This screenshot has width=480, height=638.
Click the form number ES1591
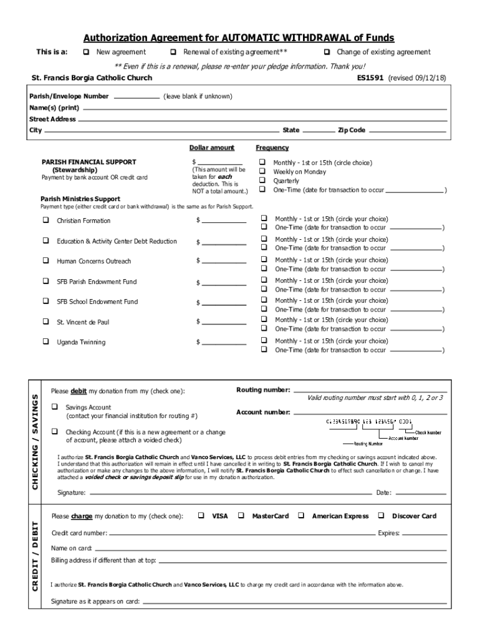pos(370,79)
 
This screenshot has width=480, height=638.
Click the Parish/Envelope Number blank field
pos(137,97)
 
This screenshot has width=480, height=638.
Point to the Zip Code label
pos(352,130)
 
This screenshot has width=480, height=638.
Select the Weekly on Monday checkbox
pos(262,172)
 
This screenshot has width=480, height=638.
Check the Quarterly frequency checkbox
pos(262,181)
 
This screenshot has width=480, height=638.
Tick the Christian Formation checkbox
pos(46,220)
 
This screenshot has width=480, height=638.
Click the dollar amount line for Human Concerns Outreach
pos(223,262)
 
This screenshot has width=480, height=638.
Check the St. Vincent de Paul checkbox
pos(46,321)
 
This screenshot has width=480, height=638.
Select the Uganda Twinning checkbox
pos(46,341)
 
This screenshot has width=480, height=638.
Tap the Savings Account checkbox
pos(55,407)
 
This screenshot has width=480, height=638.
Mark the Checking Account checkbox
pos(55,431)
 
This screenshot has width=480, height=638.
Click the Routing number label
pos(263,390)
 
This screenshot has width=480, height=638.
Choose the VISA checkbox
pos(201,516)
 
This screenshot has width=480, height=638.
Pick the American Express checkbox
pos(301,516)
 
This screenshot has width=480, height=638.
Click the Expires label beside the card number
pos(389,533)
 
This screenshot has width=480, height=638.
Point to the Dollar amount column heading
pos(212,148)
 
